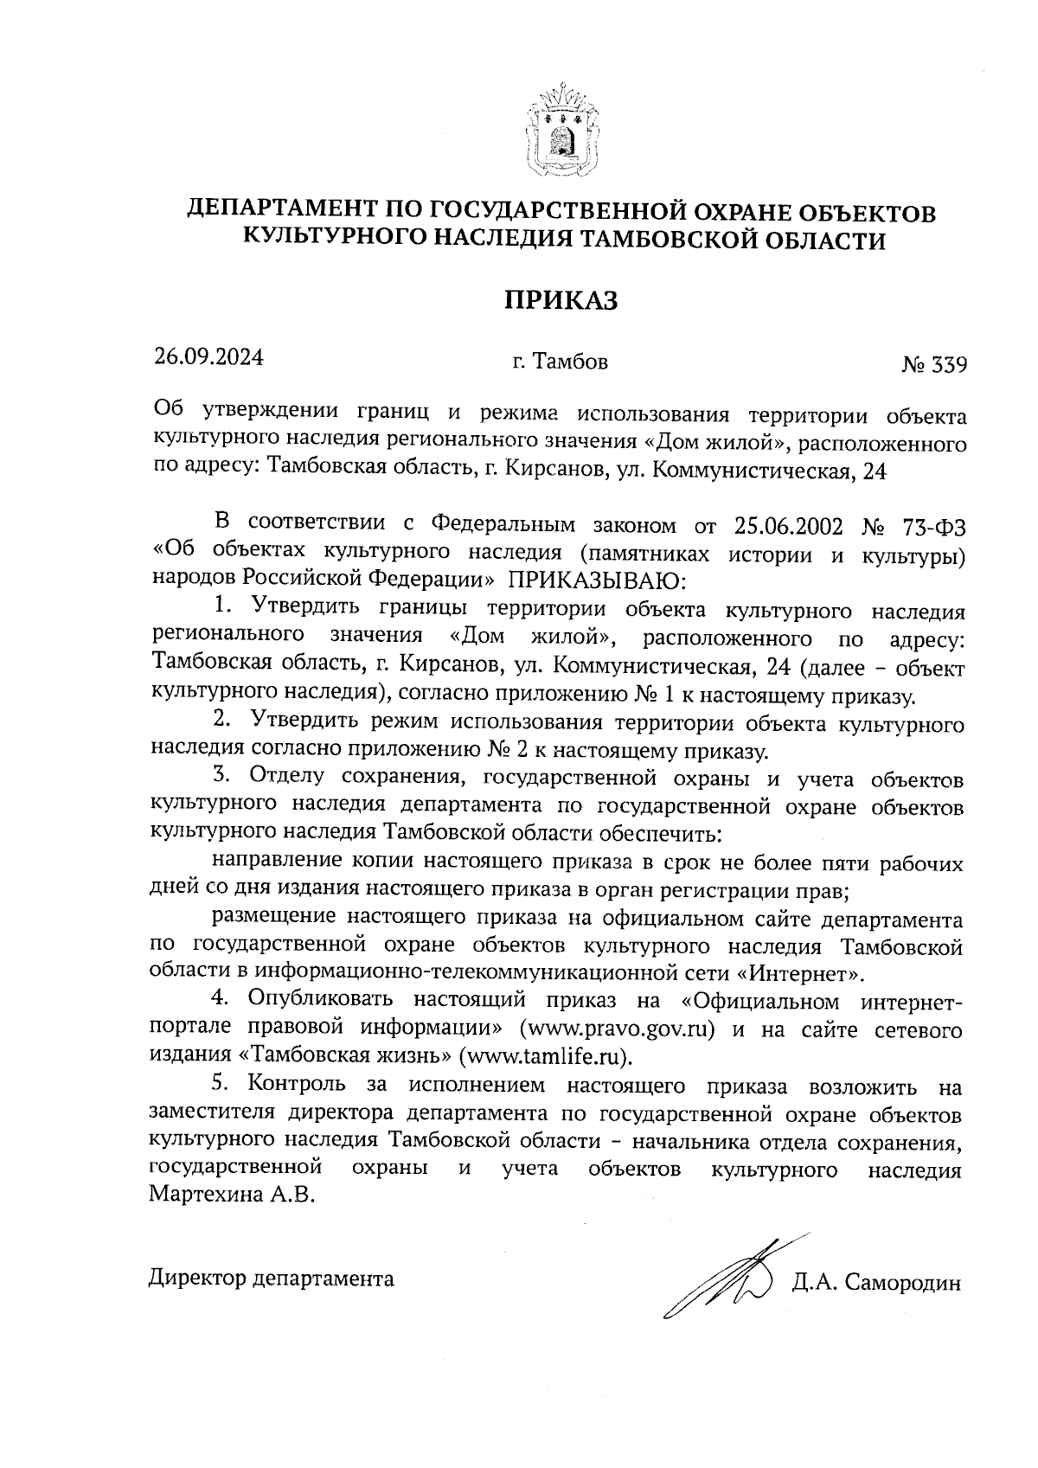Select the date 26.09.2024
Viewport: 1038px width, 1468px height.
point(208,357)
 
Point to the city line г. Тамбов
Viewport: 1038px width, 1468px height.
point(560,362)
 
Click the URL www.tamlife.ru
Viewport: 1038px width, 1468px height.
point(542,1056)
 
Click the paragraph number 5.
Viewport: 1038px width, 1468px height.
point(219,1083)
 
